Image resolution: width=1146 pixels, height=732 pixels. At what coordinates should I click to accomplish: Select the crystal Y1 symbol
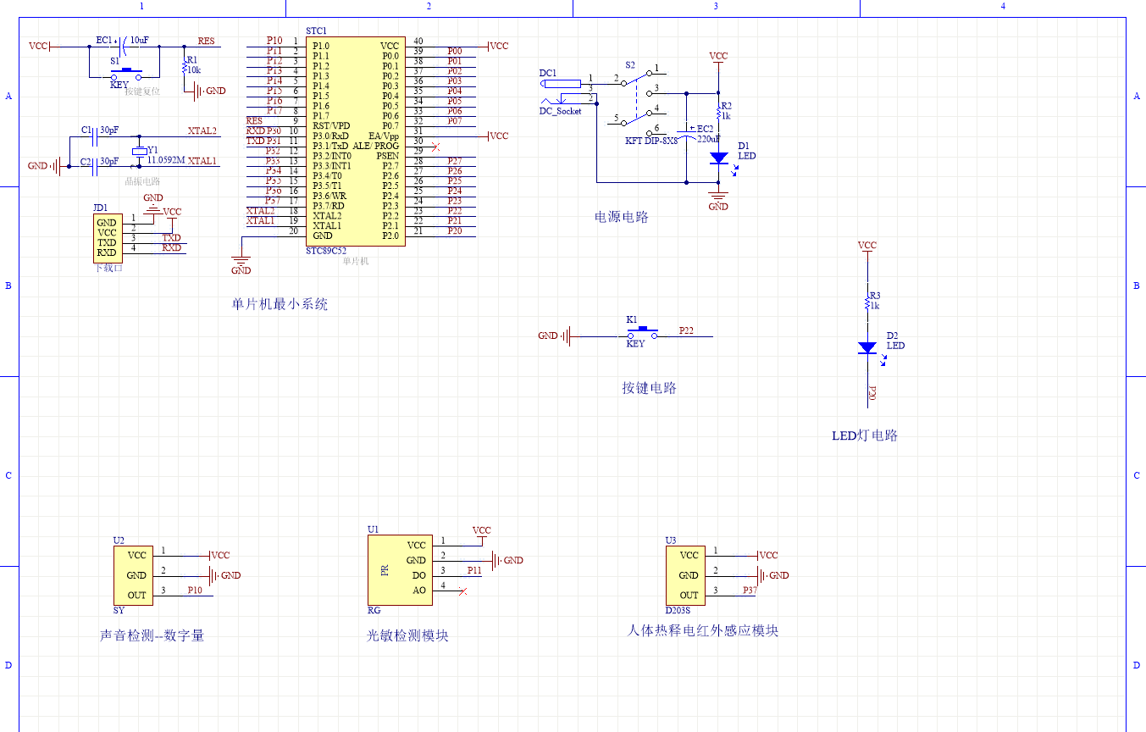pyautogui.click(x=140, y=152)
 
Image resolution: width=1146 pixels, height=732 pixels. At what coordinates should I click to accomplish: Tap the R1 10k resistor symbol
pyautogui.click(x=184, y=68)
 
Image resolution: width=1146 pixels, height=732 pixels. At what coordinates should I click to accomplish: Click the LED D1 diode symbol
pyautogui.click(x=718, y=158)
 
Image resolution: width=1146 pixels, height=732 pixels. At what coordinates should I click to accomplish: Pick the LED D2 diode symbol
pyautogui.click(x=866, y=347)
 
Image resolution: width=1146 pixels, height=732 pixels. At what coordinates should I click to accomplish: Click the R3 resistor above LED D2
pyautogui.click(x=866, y=301)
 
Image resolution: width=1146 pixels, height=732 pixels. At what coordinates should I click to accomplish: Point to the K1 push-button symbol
pyautogui.click(x=642, y=332)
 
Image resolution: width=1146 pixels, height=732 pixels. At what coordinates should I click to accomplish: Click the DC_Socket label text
pyautogui.click(x=560, y=111)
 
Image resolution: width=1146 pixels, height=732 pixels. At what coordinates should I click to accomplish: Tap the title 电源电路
pyautogui.click(x=621, y=217)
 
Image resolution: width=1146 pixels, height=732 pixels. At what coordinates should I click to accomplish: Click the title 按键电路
pyautogui.click(x=649, y=388)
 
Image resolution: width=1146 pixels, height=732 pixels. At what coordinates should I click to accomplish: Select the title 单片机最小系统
pyautogui.click(x=280, y=303)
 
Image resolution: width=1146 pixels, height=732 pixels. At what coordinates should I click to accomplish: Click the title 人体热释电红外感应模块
pyautogui.click(x=702, y=630)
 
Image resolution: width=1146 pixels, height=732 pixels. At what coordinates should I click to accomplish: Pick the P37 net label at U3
pyautogui.click(x=750, y=591)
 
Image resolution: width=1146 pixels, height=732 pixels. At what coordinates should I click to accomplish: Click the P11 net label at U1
pyautogui.click(x=473, y=570)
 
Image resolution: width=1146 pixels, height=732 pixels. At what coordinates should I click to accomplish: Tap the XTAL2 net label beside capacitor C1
pyautogui.click(x=202, y=131)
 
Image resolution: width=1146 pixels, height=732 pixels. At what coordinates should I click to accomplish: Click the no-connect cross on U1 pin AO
pyautogui.click(x=462, y=591)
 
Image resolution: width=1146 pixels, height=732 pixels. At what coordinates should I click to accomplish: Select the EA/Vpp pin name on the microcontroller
pyautogui.click(x=383, y=136)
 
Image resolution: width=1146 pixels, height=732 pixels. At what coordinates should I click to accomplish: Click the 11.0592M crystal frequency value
pyautogui.click(x=166, y=159)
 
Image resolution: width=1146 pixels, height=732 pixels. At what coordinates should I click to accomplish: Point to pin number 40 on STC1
pyautogui.click(x=418, y=42)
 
